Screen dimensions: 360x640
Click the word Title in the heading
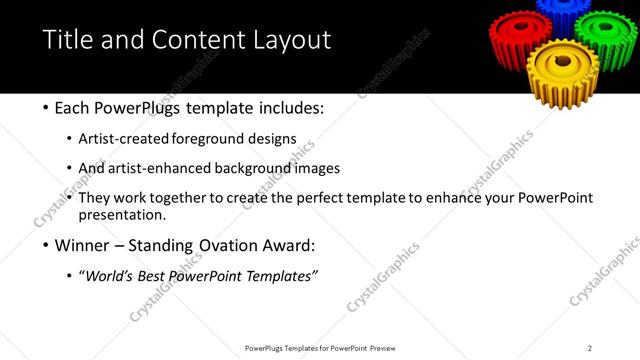(69, 40)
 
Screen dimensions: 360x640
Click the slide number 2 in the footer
(590, 347)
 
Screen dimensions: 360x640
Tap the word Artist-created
(135, 138)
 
